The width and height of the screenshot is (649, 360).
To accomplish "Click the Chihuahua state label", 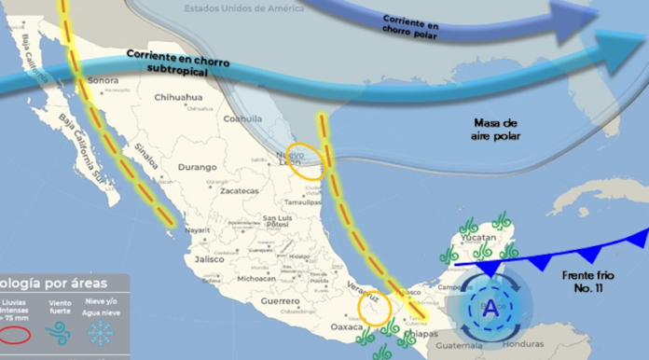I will [x=178, y=97].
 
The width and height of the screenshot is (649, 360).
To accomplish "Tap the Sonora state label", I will [x=103, y=80].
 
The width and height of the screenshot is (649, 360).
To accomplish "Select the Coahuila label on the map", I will [x=242, y=118].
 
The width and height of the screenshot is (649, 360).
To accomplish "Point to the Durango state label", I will [x=197, y=167].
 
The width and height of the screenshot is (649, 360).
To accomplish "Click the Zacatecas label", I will [x=240, y=190].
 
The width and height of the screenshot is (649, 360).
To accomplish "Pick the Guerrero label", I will [x=280, y=301].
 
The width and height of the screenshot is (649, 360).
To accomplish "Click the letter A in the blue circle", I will [x=490, y=307].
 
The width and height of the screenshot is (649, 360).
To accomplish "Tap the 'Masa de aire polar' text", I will [x=495, y=130].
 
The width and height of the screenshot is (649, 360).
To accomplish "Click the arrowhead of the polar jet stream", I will [x=584, y=18].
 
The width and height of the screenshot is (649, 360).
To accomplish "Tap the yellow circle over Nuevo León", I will [x=307, y=165].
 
